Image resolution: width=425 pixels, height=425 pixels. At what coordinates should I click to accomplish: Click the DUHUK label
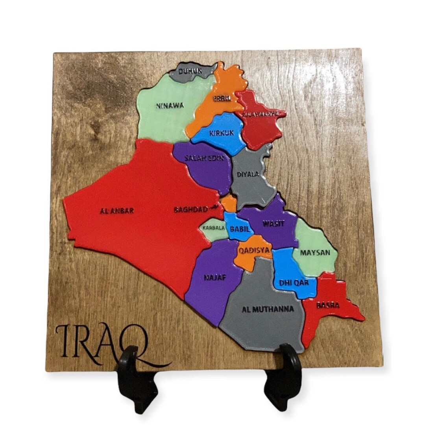coord(190,71)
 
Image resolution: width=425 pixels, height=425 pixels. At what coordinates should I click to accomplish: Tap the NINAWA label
coord(170,105)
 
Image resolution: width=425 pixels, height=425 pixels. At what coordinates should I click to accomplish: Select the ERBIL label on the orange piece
coord(222,99)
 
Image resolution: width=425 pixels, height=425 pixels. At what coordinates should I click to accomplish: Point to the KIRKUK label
coord(221,133)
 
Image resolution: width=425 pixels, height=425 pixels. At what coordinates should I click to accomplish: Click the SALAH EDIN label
coord(204,158)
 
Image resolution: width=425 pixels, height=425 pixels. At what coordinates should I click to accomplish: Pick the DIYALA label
coord(248,174)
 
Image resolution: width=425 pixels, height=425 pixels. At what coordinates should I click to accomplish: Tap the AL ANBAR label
coord(117,211)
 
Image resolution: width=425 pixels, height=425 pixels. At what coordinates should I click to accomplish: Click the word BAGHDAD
coord(191,210)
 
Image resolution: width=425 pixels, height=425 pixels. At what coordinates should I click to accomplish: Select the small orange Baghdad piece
coord(229,203)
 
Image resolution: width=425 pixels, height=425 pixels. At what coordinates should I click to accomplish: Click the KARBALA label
coord(214,227)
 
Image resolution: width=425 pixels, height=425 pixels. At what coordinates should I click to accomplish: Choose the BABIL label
coord(238,229)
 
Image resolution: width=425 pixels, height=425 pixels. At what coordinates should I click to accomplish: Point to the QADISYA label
coord(255,250)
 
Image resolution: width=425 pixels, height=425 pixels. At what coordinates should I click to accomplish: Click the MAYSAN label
coord(315,252)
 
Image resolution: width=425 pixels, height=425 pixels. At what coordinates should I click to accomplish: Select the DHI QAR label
coord(292,282)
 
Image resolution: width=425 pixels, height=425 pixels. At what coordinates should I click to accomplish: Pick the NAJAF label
coord(215,277)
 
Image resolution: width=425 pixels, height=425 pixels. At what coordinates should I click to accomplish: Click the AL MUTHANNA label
coord(268,309)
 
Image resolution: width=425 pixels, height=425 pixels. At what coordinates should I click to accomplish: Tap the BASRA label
coord(328,305)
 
